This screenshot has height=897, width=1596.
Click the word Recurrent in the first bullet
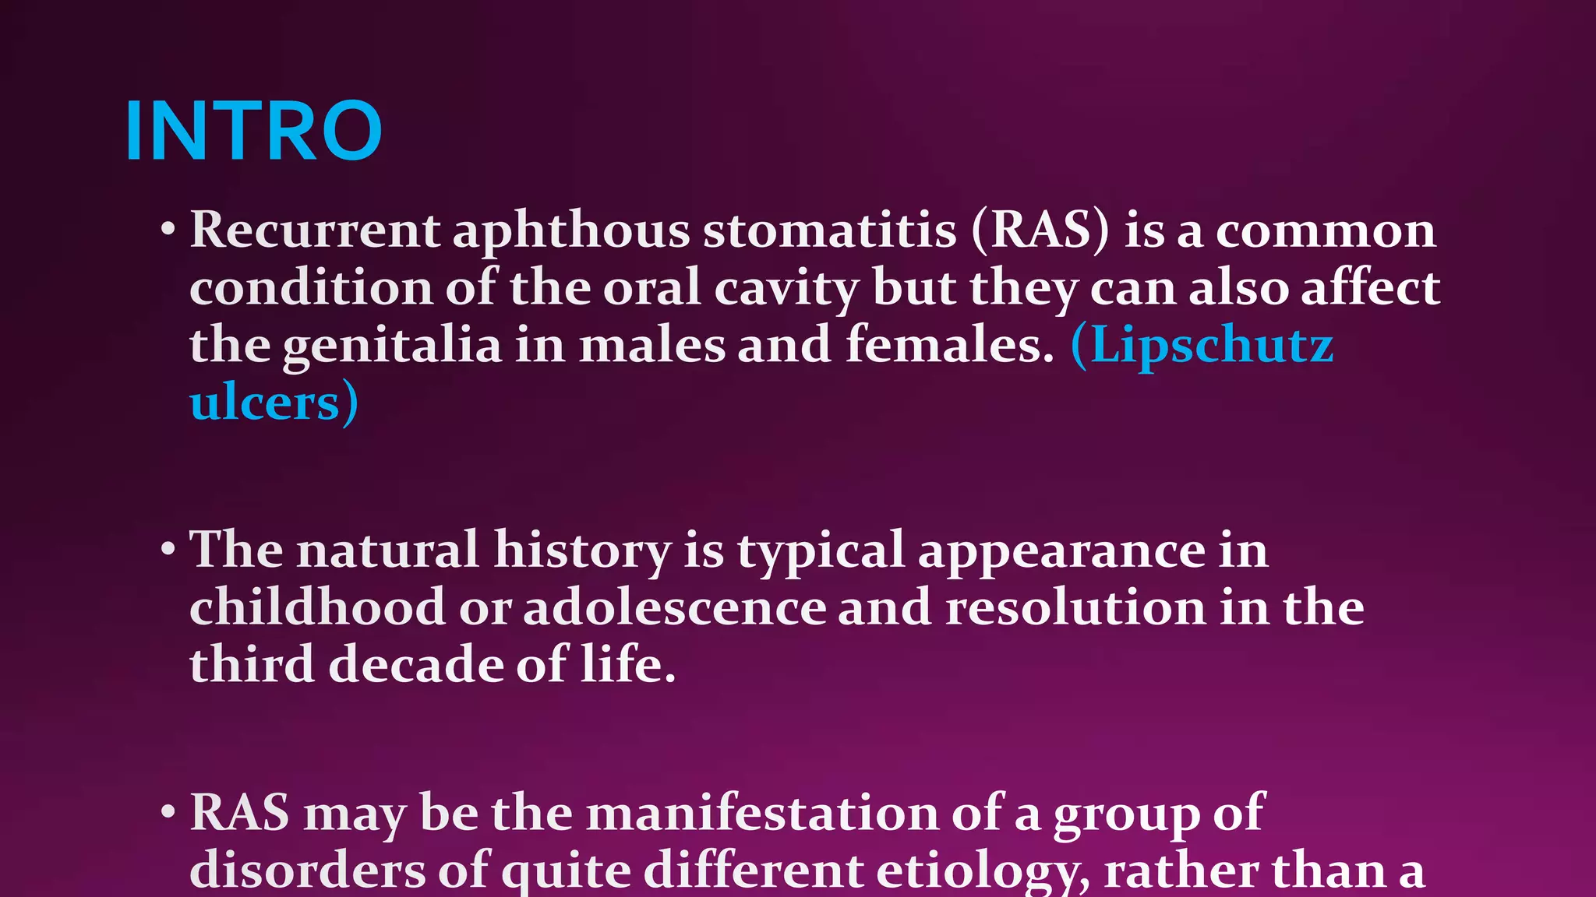tap(315, 230)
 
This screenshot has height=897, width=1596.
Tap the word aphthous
tap(571, 230)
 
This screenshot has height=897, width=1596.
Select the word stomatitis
tap(829, 230)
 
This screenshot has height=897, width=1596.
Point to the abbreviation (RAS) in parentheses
tap(1040, 230)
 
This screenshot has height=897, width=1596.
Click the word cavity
tap(786, 288)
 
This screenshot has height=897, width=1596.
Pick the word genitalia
tap(392, 346)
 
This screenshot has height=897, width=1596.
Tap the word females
tap(949, 346)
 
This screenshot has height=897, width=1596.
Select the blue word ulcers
tap(265, 403)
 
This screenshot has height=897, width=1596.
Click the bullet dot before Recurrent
tap(168, 230)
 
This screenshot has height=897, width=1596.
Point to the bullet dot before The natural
tap(168, 550)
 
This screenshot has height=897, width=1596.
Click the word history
tap(582, 550)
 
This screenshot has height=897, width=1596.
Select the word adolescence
tap(674, 607)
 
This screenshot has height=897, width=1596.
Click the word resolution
tap(1075, 607)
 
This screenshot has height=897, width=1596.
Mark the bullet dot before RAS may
tap(168, 813)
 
